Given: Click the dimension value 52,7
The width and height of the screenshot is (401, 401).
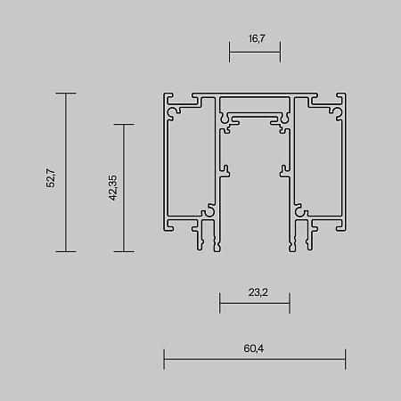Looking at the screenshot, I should coord(52,172).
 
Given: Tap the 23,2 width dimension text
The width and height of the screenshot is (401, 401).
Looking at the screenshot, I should coord(254,291).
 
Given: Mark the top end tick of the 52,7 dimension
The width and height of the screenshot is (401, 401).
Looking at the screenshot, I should coord(66,93).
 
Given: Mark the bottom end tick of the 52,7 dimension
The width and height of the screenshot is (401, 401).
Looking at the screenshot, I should coord(66,251).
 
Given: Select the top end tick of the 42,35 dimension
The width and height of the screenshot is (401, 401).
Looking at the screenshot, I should coord(123,125).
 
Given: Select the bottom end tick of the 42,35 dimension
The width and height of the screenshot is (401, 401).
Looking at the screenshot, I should coord(123,251).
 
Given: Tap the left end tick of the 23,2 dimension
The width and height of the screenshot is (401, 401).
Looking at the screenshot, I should coord(219,306).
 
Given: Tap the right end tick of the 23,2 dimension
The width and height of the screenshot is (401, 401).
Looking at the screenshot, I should coord(290,306).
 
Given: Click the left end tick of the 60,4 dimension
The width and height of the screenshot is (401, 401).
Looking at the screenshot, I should coord(164,361).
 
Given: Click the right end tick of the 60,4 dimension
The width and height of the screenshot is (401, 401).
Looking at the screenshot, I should coord(346,361).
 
